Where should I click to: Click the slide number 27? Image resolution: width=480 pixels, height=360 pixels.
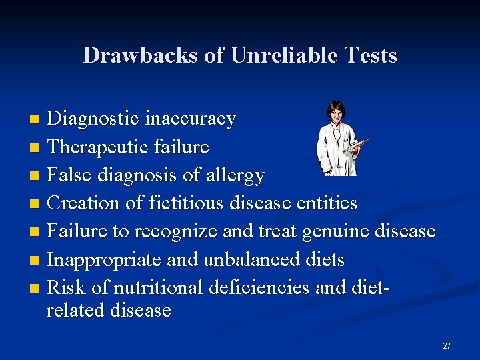[447, 345]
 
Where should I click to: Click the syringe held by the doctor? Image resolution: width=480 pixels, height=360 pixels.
[357, 143]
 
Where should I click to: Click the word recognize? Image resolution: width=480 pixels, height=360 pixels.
[176, 232]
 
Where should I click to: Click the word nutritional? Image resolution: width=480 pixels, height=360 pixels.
[159, 287]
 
